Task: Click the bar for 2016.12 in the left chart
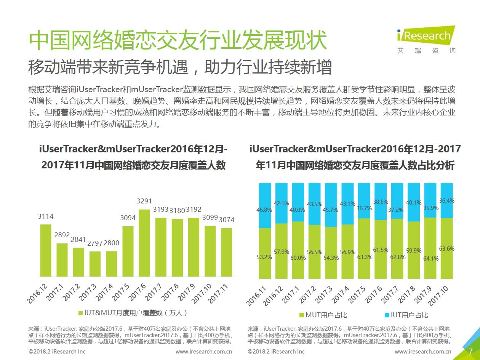click(46, 250)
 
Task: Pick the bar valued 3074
click(226, 252)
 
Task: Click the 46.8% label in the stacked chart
click(264, 209)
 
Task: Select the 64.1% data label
click(430, 258)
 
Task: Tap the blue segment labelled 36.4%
click(447, 200)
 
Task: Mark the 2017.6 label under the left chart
click(136, 293)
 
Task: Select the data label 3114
click(46, 216)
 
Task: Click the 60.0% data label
click(298, 258)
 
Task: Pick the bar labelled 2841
click(78, 262)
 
